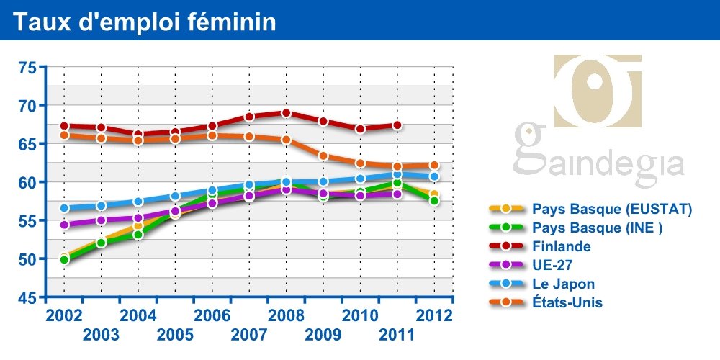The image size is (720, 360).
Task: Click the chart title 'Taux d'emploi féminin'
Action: (144, 22)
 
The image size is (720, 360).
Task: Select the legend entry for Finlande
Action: (562, 246)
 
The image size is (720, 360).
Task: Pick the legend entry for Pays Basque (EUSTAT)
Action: (612, 209)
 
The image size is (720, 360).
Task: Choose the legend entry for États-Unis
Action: (567, 302)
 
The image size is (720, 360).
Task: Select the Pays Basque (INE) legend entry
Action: (597, 228)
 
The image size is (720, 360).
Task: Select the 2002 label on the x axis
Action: (63, 315)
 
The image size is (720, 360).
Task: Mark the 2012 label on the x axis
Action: (434, 315)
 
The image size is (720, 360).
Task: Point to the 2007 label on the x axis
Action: (249, 334)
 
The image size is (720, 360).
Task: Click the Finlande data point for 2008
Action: (286, 113)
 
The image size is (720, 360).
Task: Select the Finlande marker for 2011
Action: (397, 125)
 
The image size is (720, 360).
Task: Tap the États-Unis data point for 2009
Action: (323, 156)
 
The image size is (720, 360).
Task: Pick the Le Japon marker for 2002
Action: (64, 209)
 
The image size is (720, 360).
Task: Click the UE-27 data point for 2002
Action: (64, 225)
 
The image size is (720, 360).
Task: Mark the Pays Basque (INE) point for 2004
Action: (138, 235)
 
